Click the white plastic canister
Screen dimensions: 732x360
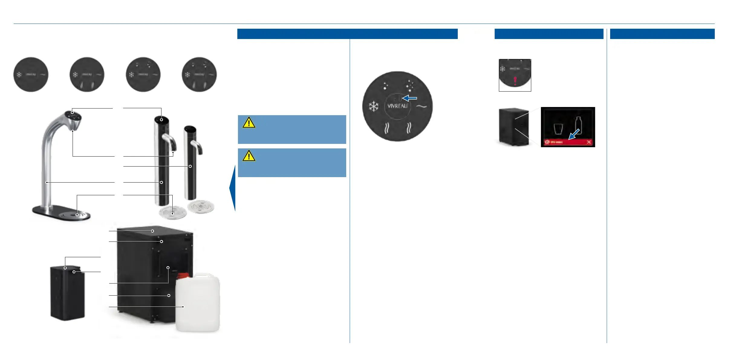[198, 304]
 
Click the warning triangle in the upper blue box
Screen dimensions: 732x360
[249, 122]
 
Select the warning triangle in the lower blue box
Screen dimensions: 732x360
[249, 156]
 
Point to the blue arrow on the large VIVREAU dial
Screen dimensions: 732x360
[410, 98]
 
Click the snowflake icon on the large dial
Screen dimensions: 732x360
[374, 106]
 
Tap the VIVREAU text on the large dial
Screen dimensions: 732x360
[397, 106]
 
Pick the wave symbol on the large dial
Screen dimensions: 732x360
[421, 106]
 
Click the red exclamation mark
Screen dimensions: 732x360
[515, 81]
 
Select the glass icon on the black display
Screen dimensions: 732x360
[558, 129]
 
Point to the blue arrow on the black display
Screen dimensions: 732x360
[574, 134]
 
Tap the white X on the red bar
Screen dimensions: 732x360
[589, 142]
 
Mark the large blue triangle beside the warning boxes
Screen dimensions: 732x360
[233, 188]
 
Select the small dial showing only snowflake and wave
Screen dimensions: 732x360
[31, 74]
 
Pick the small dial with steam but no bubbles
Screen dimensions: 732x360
[87, 74]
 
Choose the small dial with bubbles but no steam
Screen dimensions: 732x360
[143, 74]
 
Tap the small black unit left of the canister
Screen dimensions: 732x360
[67, 292]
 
